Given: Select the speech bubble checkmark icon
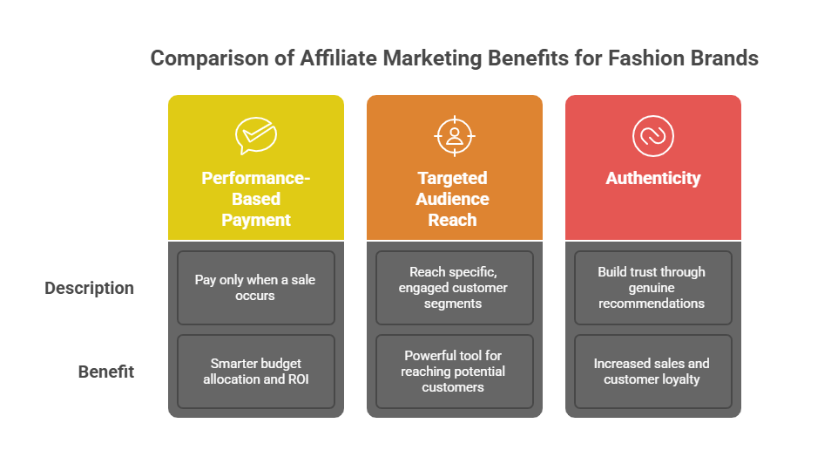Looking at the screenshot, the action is [256, 136].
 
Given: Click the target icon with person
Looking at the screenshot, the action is [454, 136].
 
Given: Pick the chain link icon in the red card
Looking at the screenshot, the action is [653, 136].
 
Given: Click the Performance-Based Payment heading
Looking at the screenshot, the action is [256, 199].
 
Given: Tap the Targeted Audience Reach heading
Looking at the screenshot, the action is [453, 199].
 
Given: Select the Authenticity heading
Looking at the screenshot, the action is [653, 178].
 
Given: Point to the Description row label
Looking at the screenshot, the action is [89, 288].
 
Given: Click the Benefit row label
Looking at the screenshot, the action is [106, 372].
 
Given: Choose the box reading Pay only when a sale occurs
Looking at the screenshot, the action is [256, 288].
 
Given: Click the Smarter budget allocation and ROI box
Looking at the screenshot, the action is [256, 372].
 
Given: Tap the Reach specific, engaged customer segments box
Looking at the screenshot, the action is [454, 288].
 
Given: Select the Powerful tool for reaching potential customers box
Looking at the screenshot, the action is [454, 372].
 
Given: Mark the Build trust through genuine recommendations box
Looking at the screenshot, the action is [653, 288].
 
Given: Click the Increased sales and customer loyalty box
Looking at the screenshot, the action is [653, 372].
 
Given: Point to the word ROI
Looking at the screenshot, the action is [298, 379].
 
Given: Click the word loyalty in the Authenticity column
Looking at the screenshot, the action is [680, 379].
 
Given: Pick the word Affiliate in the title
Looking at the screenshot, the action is [339, 58].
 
